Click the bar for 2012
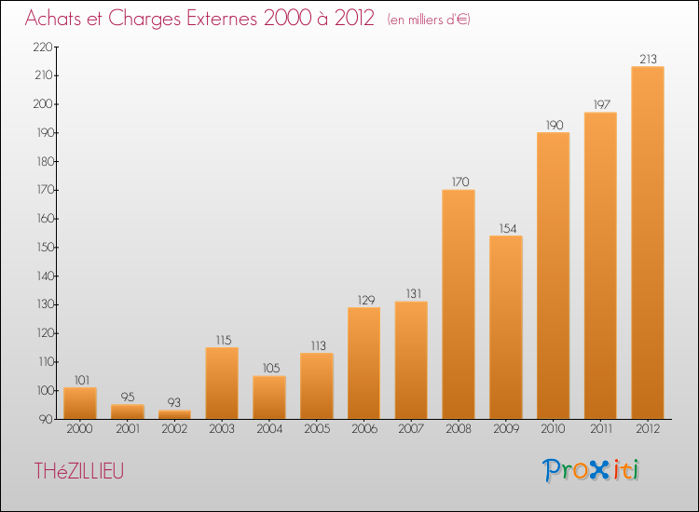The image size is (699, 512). [x=648, y=243]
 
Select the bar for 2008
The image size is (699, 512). [x=459, y=304]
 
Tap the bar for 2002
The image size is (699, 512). [x=174, y=414]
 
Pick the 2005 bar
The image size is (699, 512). [x=317, y=386]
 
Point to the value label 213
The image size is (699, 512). [x=648, y=59]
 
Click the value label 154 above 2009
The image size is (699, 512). [x=508, y=228]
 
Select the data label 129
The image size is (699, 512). [x=366, y=300]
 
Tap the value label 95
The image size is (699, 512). [x=128, y=397]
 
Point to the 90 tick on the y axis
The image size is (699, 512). [x=46, y=419]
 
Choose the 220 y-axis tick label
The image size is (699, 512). [x=43, y=47]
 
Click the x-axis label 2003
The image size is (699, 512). [x=222, y=429]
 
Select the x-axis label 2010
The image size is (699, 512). [x=553, y=429]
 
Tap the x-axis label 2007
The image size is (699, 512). [x=411, y=429]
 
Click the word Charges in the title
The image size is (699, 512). [x=144, y=19]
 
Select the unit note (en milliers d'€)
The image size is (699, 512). [x=429, y=20]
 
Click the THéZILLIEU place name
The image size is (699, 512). [x=79, y=471]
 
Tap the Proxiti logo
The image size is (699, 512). [x=591, y=470]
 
